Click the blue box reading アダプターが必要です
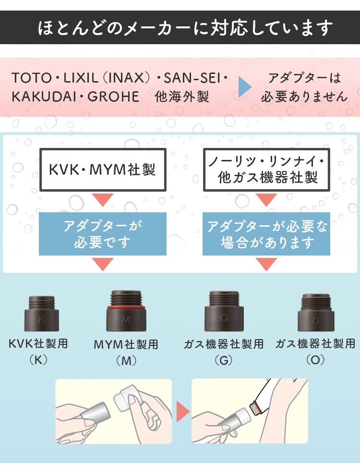pyautogui.click(x=103, y=234)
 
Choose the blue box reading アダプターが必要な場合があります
pyautogui.click(x=267, y=234)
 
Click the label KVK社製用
pyautogui.click(x=38, y=344)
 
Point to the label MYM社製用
pyautogui.click(x=126, y=344)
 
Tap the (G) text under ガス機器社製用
pyautogui.click(x=224, y=360)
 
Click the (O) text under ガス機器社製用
pyautogui.click(x=315, y=360)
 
